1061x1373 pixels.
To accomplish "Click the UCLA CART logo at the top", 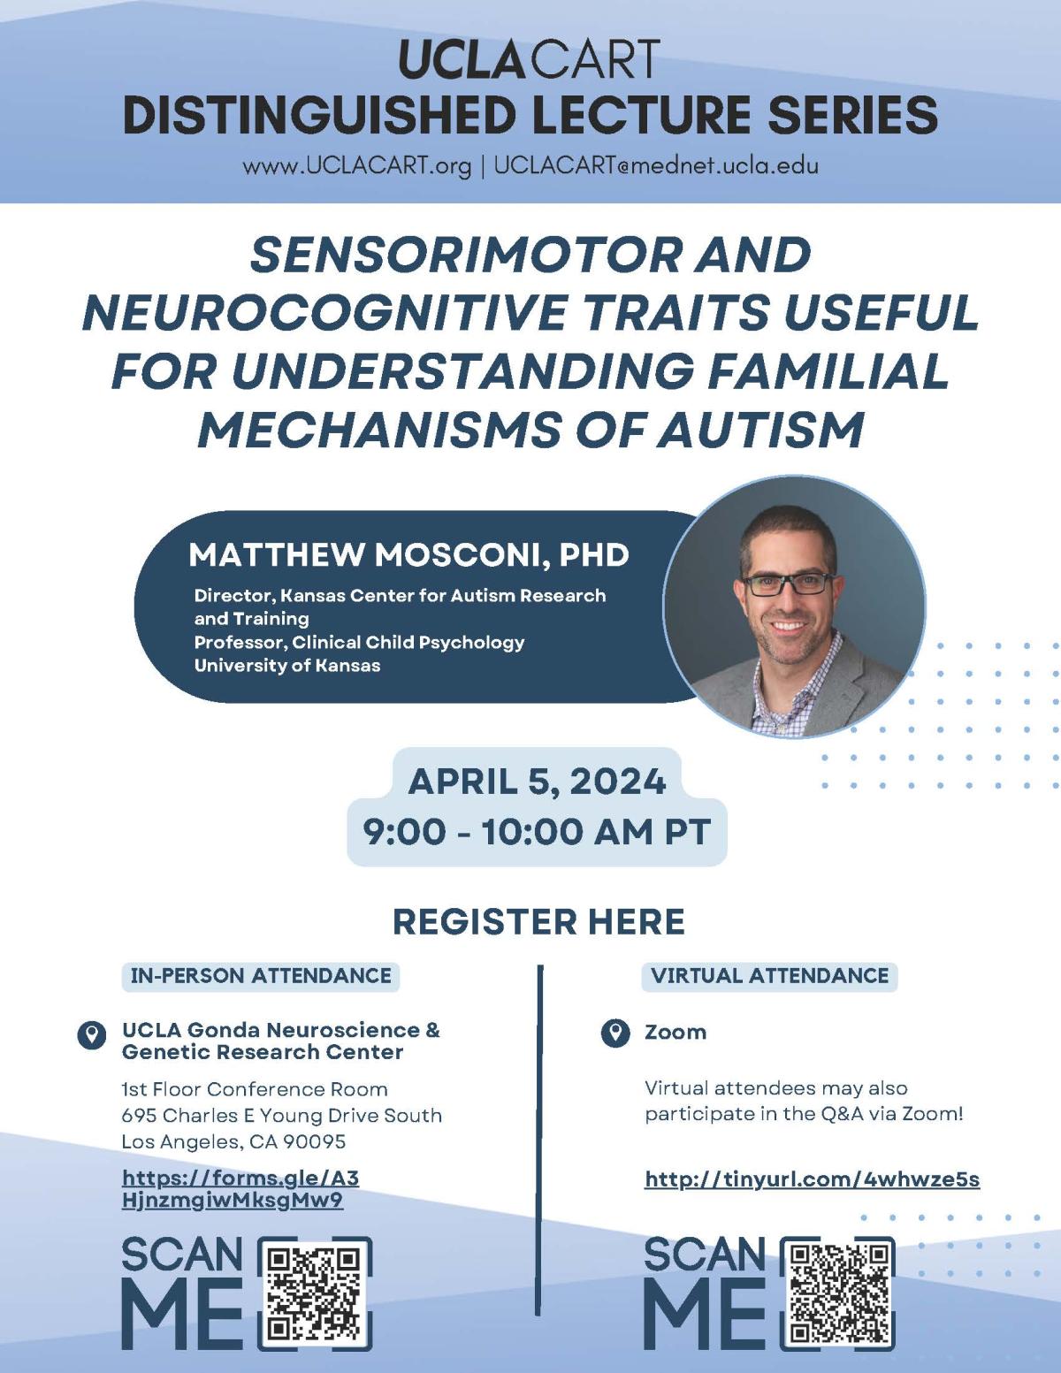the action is [x=530, y=59].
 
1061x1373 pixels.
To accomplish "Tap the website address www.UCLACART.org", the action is [x=356, y=166].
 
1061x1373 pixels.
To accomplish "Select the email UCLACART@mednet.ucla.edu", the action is [x=657, y=165].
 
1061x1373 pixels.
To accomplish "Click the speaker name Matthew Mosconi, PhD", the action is [x=408, y=555].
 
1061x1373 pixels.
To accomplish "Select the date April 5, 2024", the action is [x=538, y=782].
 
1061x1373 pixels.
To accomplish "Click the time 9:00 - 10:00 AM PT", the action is [x=538, y=832].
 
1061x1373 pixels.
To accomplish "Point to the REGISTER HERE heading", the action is [x=538, y=921].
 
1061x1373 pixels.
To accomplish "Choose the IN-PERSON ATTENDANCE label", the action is [x=260, y=975].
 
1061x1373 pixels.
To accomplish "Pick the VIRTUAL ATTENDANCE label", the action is [x=770, y=975].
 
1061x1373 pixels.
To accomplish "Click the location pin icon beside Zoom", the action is [x=614, y=1034].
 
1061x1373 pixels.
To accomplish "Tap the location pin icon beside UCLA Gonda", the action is [x=92, y=1035].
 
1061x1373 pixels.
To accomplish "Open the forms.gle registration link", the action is [x=240, y=1189].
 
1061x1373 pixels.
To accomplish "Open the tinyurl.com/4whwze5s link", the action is [x=812, y=1179].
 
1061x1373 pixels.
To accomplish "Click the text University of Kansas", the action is [x=286, y=666].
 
